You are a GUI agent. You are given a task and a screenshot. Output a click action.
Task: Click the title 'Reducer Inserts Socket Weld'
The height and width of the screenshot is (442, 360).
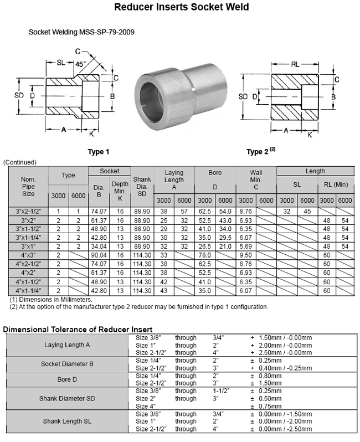pos(181,7)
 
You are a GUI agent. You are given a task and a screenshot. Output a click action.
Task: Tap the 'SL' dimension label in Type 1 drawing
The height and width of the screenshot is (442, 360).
pos(62,63)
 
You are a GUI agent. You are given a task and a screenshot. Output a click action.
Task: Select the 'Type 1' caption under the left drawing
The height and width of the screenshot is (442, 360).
pos(99,151)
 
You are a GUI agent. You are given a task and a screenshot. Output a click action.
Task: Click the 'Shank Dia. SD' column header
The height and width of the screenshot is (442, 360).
pos(142,185)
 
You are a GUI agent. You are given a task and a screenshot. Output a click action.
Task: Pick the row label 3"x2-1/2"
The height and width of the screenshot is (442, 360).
pos(28,211)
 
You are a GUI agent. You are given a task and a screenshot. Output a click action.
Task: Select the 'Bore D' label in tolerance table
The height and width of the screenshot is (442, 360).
pos(67,379)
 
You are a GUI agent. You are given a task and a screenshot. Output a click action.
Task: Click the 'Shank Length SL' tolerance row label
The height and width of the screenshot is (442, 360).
pos(67,422)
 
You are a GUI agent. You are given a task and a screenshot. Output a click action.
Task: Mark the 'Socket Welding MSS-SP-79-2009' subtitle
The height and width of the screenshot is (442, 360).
pos(81,32)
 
